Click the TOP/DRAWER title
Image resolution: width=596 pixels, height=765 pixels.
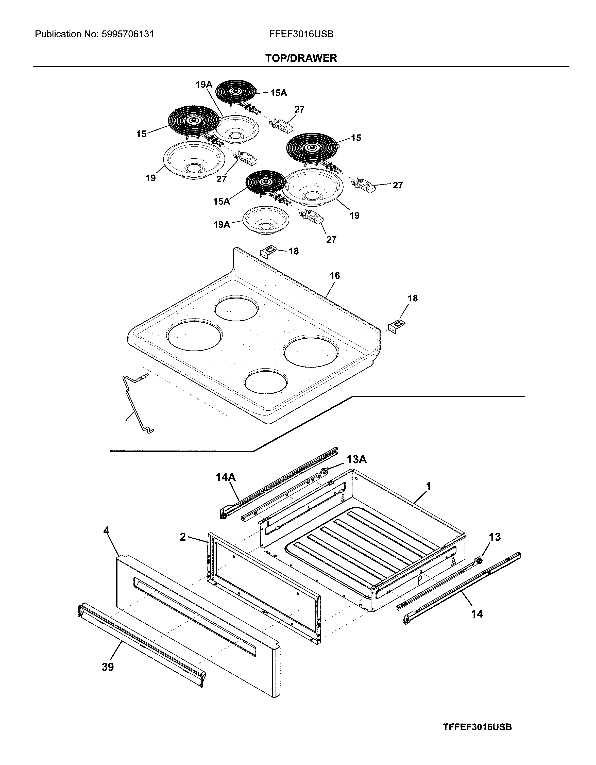301,58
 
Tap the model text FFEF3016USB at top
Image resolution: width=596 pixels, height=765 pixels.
301,34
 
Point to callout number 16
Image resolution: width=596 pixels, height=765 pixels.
335,276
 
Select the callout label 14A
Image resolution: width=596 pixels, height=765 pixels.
226,477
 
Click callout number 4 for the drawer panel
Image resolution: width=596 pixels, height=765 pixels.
106,531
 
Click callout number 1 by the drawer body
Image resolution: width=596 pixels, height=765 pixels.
428,486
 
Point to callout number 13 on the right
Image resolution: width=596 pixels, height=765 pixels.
495,537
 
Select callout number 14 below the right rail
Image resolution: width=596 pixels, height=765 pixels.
477,614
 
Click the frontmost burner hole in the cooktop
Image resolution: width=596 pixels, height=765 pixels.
266,381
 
